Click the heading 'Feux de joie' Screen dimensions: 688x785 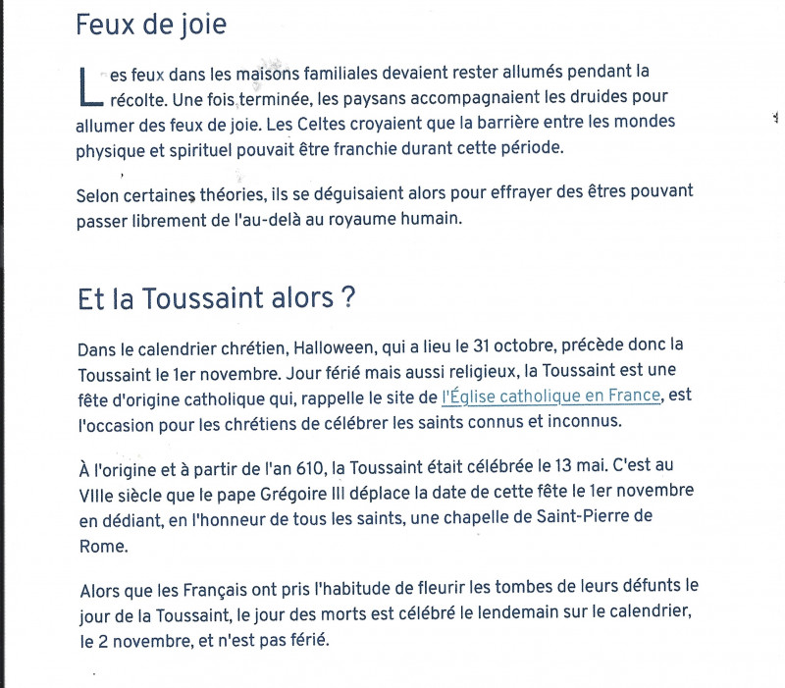(150, 25)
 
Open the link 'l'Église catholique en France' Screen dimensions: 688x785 (552, 397)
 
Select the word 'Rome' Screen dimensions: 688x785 (98, 539)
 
